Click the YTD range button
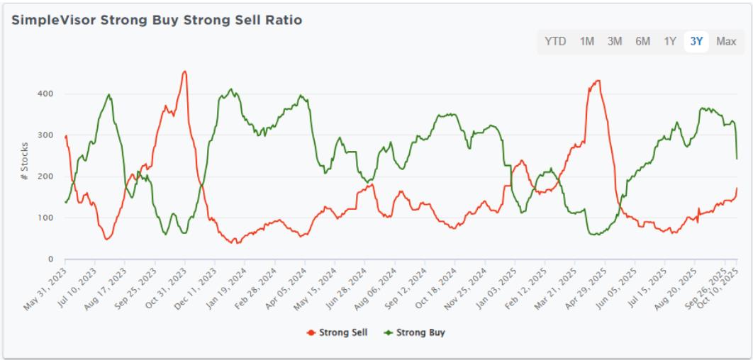pos(555,42)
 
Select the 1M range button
pos(587,42)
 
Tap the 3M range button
pos(615,42)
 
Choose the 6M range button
pos(642,42)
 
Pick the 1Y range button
pos(670,42)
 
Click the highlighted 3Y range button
pos(697,42)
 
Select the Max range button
pos(726,42)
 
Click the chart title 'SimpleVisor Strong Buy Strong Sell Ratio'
pos(157,21)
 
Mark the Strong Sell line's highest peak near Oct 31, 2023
pos(184,71)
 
